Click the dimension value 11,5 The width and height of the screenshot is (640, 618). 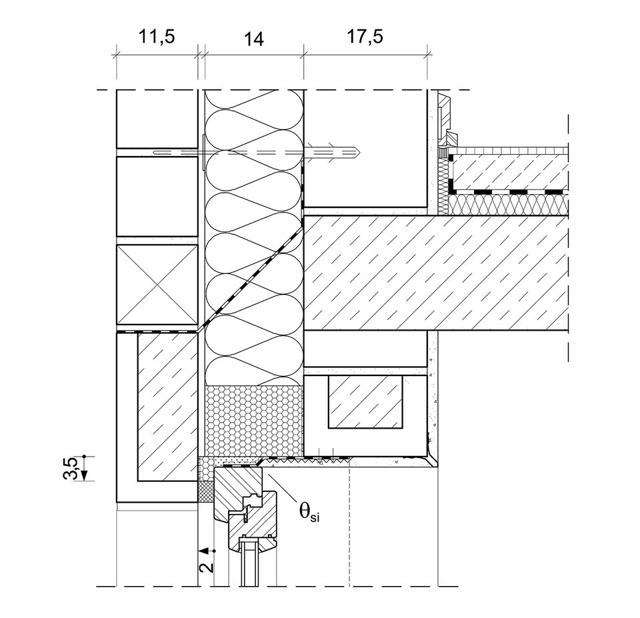coord(157,37)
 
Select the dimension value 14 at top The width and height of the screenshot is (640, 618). coord(254,39)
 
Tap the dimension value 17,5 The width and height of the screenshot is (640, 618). coord(364,37)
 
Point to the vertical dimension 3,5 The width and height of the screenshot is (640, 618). coord(75,467)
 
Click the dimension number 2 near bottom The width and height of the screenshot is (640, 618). coord(207,567)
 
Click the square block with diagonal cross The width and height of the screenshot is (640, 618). coord(157,285)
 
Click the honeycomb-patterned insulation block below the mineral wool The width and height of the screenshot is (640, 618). coord(252,420)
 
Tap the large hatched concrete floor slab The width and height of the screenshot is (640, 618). coord(433,273)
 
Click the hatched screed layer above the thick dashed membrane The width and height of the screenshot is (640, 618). coord(510,171)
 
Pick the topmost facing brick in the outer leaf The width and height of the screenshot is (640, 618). coord(157,119)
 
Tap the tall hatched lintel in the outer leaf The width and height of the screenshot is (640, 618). coord(167,407)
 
